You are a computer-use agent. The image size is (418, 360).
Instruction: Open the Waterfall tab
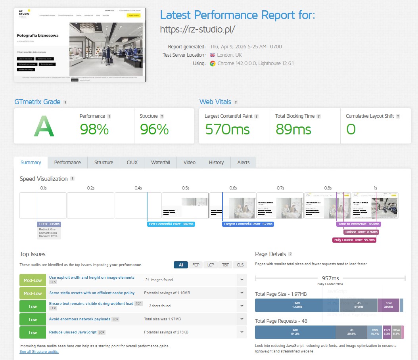[160, 163]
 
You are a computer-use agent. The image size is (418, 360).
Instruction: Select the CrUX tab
[132, 163]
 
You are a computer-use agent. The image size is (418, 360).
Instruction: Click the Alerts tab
[243, 163]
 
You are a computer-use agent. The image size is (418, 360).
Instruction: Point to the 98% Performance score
[94, 129]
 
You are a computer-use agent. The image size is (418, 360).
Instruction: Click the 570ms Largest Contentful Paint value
[227, 129]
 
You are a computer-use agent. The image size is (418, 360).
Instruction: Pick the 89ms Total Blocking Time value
[293, 129]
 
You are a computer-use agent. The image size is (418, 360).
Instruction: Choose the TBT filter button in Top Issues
[225, 265]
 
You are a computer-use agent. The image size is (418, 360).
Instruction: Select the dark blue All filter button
[181, 265]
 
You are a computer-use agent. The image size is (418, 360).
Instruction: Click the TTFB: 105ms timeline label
[49, 224]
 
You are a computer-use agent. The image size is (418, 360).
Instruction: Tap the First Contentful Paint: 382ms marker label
[171, 224]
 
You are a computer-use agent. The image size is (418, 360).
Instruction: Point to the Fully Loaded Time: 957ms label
[354, 240]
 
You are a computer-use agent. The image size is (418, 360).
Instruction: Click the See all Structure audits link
[39, 352]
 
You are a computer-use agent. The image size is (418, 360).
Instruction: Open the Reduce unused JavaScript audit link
[73, 332]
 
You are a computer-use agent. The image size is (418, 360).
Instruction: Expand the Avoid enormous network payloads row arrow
[242, 319]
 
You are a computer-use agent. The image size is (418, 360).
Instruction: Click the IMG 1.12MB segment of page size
[295, 305]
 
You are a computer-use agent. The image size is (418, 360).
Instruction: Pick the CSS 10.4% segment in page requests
[374, 332]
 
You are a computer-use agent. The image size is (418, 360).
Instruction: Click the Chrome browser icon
[213, 63]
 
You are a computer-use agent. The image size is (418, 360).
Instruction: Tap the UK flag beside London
[212, 55]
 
